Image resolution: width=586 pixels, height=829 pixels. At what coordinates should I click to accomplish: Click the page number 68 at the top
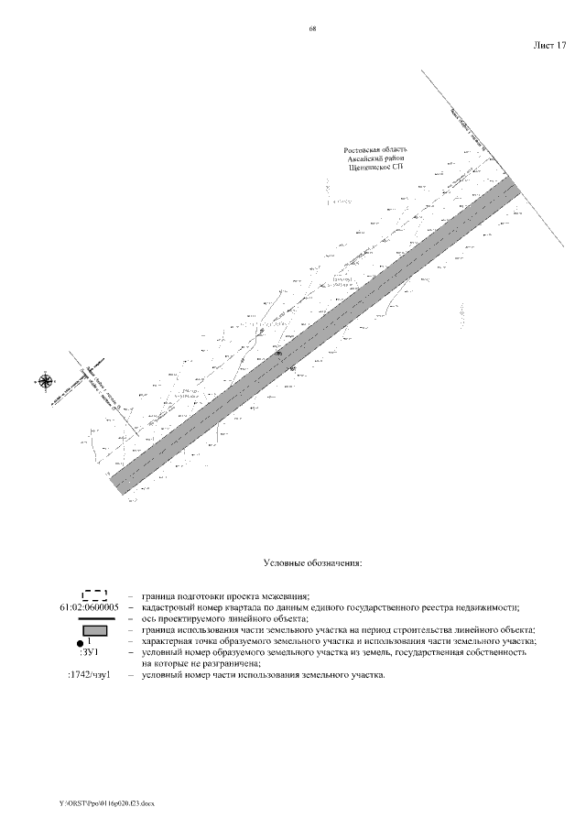(312, 29)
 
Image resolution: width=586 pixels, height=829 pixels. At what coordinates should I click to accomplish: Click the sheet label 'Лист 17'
(549, 44)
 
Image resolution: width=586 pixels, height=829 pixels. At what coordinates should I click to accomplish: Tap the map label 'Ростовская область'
(375, 149)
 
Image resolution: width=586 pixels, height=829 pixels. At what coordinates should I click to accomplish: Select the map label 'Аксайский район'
(375, 158)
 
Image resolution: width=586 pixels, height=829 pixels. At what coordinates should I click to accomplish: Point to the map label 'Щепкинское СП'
(375, 168)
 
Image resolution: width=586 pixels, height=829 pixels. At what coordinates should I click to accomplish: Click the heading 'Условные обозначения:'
(312, 562)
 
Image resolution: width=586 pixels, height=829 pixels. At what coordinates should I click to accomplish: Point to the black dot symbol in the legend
(81, 645)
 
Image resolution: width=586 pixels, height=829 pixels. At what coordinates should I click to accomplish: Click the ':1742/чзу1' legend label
(89, 675)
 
